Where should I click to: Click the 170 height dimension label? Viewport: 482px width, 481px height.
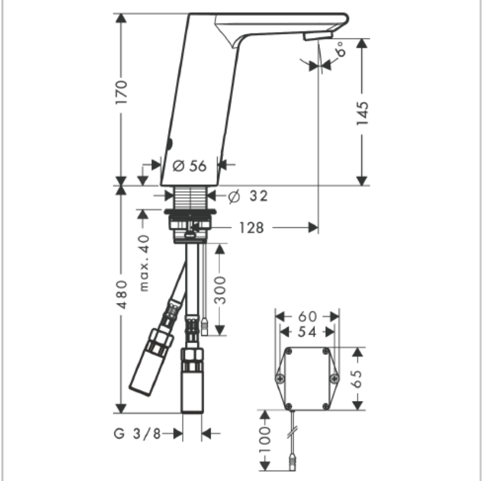pyautogui.click(x=121, y=92)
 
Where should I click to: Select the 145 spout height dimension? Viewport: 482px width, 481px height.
pyautogui.click(x=362, y=113)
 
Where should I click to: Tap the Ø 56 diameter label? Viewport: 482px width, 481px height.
pyautogui.click(x=190, y=166)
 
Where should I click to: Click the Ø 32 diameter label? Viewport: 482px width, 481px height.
pyautogui.click(x=249, y=196)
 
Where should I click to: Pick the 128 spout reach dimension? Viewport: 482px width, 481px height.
pyautogui.click(x=252, y=228)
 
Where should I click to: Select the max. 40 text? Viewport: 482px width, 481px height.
pyautogui.click(x=144, y=263)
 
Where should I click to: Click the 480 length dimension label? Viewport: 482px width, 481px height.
pyautogui.click(x=122, y=294)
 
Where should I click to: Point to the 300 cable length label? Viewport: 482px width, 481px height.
pyautogui.click(x=219, y=290)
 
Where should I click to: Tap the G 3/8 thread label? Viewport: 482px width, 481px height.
pyautogui.click(x=137, y=434)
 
